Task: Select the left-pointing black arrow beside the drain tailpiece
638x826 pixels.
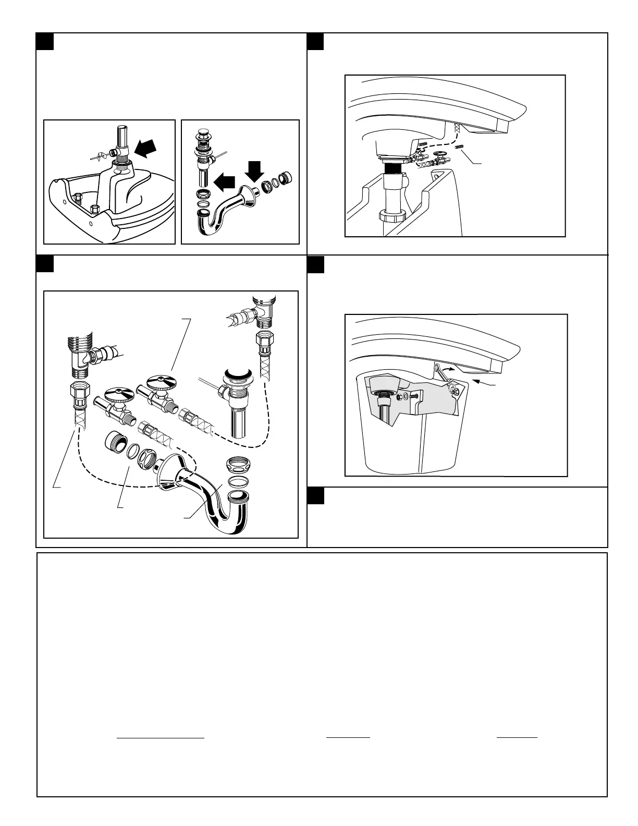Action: point(225,183)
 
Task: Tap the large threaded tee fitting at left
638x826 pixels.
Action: point(80,355)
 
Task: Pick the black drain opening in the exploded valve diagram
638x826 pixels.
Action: point(238,374)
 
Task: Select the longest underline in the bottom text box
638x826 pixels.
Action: point(160,738)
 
